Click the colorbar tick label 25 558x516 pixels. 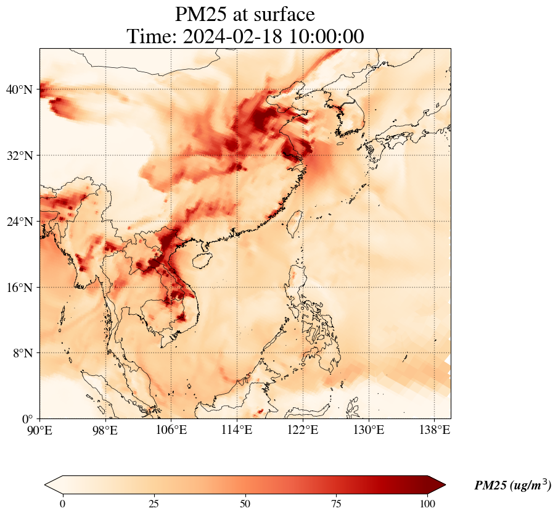pyautogui.click(x=154, y=503)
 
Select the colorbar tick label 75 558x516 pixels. pyautogui.click(x=337, y=503)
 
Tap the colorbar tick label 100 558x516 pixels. pyautogui.click(x=428, y=503)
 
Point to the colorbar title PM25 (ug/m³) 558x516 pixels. pyautogui.click(x=512, y=486)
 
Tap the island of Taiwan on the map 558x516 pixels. pyautogui.click(x=295, y=223)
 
